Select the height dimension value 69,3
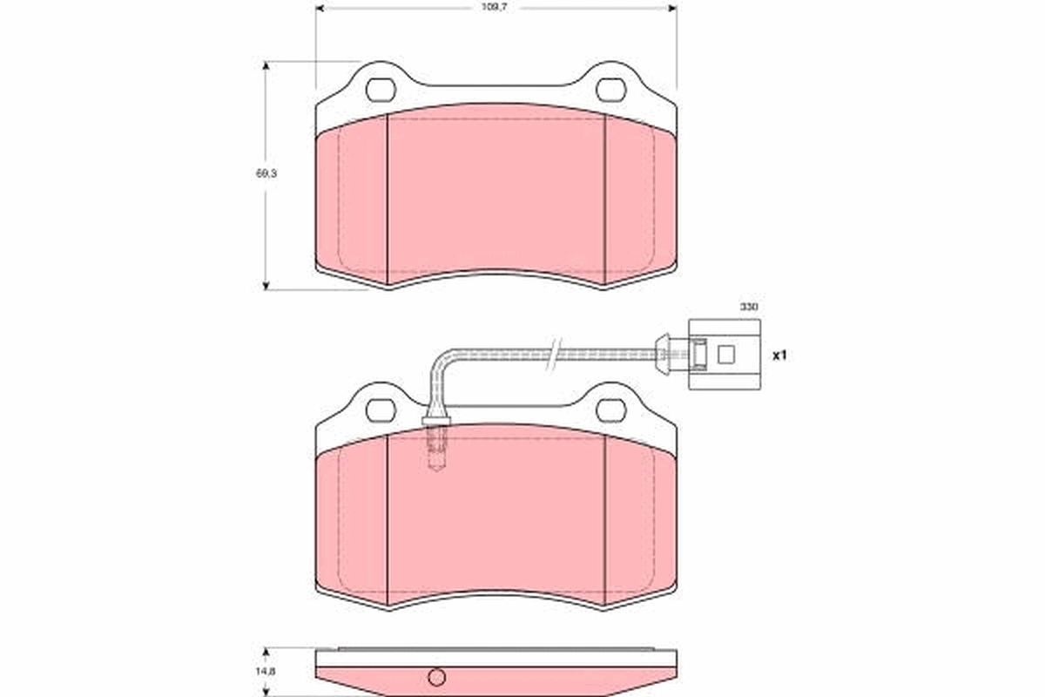pos(249,174)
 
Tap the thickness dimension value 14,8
pos(249,672)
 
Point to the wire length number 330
pos(749,307)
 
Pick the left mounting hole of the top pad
pos(381,90)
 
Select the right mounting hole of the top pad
pos(612,90)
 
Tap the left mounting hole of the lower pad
pos(381,409)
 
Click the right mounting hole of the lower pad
pos(612,409)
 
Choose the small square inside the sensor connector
pos(725,355)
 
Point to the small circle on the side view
pos(437,676)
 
